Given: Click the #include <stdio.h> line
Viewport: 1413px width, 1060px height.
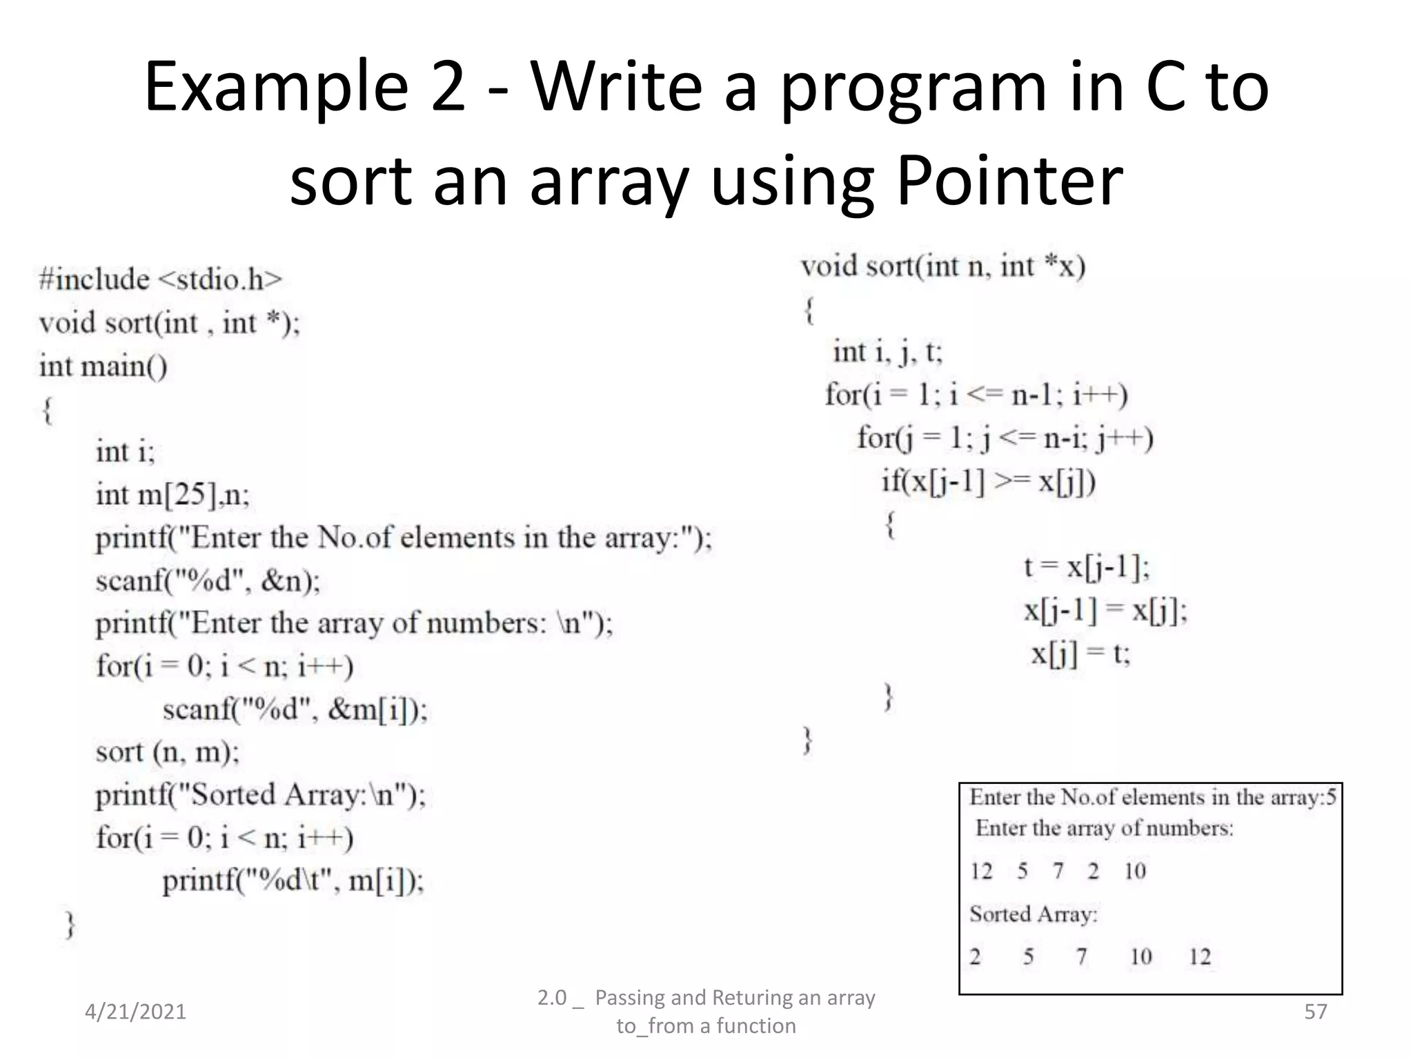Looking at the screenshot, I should coord(161,279).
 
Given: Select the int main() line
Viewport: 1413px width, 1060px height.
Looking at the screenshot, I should coord(103,366).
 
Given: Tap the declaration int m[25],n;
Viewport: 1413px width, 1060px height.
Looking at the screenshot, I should coord(172,495).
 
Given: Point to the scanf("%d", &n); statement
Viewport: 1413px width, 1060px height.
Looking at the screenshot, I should coord(208,581).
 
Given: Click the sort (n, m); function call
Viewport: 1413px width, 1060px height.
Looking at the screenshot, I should coord(167,752).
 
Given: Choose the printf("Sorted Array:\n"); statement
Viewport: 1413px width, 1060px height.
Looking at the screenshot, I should coord(260,795).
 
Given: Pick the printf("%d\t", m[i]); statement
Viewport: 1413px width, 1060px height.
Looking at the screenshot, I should coord(293,881).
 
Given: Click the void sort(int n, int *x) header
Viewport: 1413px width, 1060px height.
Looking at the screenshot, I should coord(942,266).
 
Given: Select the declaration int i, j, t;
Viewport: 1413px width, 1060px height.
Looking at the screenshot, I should coord(887,352).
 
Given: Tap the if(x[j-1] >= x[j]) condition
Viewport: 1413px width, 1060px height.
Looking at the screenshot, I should coord(988,481).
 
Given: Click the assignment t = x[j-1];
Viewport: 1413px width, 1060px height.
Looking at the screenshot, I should coord(1087,567).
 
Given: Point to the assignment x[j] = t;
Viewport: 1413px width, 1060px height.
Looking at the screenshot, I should coord(1080,653).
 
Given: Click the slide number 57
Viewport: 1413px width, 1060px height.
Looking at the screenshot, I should coord(1315,1012).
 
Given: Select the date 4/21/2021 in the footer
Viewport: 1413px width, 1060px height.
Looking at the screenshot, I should coord(135,1012).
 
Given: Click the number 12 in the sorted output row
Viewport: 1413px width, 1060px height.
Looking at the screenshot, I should coord(1200,956).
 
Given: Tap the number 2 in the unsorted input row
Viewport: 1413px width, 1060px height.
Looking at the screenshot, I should coord(1093,871).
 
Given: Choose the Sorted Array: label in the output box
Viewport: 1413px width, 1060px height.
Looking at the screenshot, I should coord(1033,914).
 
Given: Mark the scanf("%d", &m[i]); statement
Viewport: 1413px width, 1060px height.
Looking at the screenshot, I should coord(295,709).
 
